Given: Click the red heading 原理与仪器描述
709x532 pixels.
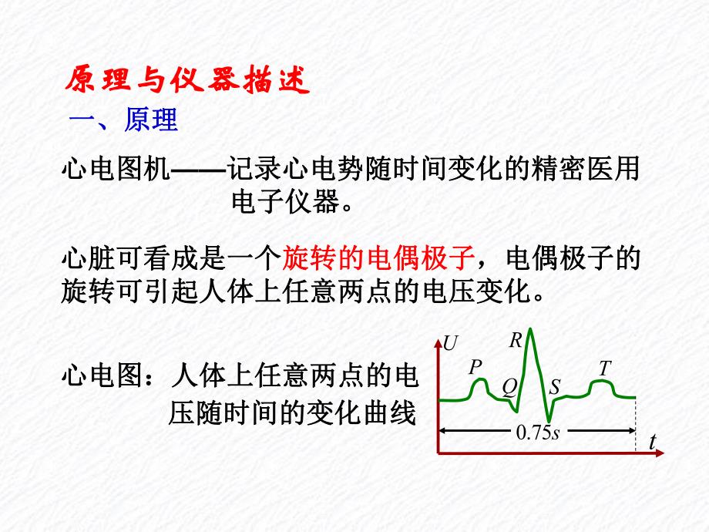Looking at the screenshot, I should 186,81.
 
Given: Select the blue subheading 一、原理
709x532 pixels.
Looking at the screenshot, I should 124,120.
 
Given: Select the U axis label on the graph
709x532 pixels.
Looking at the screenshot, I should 450,343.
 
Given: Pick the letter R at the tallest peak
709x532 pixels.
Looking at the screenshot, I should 516,340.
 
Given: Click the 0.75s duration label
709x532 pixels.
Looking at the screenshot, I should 537,433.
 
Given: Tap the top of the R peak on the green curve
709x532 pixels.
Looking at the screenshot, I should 531,330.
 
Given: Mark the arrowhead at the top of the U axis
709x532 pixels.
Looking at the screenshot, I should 439,339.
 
